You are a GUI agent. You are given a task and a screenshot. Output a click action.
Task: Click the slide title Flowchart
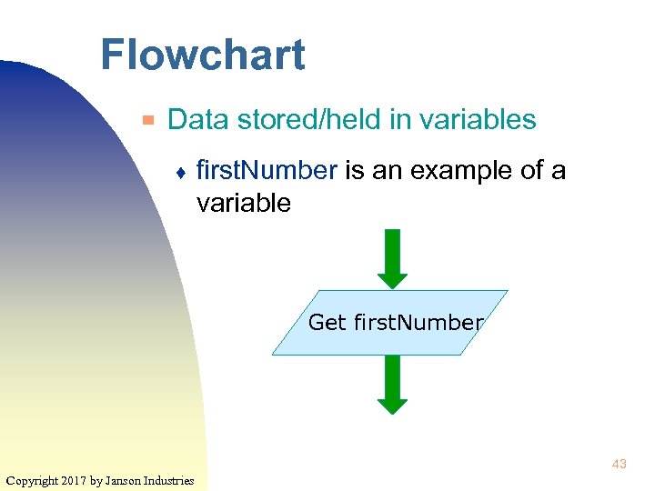(202, 55)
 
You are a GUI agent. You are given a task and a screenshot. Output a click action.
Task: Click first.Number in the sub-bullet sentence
(267, 170)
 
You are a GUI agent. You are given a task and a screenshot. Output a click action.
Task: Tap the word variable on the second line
(243, 203)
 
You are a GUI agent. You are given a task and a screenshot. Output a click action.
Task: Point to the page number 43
(619, 465)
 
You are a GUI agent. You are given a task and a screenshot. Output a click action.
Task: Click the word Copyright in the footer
(31, 480)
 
